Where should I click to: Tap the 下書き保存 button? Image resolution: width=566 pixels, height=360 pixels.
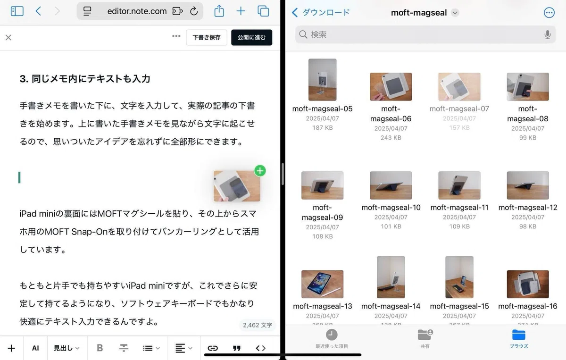click(207, 37)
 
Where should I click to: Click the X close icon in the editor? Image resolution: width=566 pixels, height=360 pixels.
click(8, 38)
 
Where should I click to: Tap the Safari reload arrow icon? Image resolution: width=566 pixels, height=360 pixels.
click(194, 11)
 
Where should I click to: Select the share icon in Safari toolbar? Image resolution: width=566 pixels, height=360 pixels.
click(219, 11)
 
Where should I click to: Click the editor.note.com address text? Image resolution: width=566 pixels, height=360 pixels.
click(137, 11)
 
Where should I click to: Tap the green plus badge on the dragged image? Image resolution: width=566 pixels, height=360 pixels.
click(260, 171)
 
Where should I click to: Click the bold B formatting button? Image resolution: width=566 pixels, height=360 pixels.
click(100, 348)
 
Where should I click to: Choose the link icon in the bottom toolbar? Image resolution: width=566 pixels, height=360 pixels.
click(213, 348)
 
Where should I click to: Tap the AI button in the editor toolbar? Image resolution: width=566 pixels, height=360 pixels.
click(35, 348)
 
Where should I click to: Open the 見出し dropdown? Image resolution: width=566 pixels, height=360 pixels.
click(67, 348)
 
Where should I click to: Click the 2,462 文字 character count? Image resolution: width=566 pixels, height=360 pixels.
click(257, 325)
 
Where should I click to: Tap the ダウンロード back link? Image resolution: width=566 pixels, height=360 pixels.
click(321, 12)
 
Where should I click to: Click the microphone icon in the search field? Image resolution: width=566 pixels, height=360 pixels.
click(547, 34)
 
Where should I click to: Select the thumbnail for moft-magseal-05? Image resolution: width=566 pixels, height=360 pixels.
click(322, 80)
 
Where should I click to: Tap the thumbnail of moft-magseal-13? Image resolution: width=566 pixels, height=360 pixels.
click(322, 284)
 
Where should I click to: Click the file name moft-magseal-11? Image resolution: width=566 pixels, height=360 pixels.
click(459, 207)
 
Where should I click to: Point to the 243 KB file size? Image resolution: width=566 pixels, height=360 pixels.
click(391, 137)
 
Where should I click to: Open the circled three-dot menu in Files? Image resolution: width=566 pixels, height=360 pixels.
click(549, 12)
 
